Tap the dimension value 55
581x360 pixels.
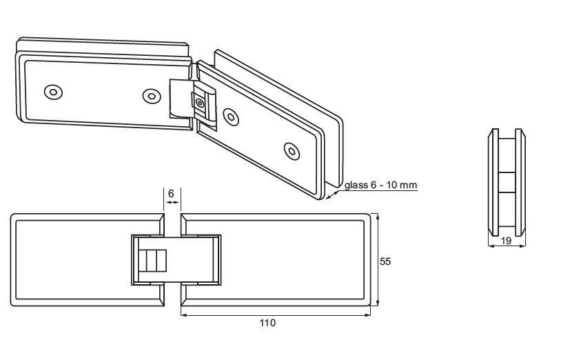386,261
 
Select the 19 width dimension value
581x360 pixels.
506,241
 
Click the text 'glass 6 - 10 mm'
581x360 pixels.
380,185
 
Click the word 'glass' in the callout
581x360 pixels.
354,185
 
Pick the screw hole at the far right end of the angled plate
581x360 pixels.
293,150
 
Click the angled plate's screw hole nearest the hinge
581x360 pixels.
233,118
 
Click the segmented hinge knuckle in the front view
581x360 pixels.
153,260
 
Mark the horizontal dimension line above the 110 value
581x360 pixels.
276,316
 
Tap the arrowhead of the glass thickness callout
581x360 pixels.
330,195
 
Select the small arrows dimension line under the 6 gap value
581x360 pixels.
172,202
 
